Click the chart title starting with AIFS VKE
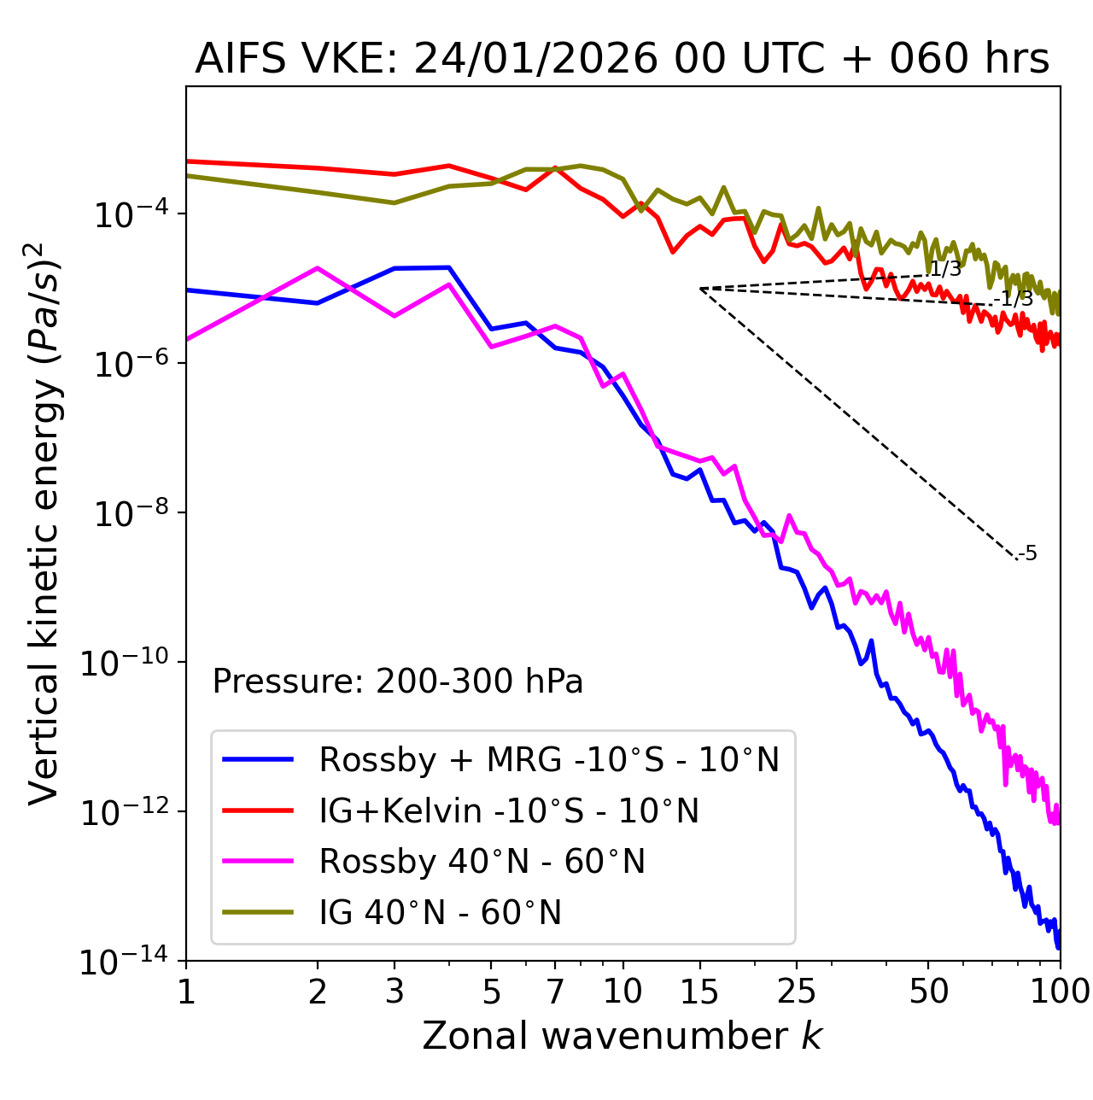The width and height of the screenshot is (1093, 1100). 622,60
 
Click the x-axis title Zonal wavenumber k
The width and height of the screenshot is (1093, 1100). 622,1036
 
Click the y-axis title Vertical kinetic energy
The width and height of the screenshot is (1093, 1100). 44,523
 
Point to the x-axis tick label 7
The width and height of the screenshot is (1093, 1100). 555,992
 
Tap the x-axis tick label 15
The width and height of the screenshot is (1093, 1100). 699,992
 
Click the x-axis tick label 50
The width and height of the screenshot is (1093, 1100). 928,992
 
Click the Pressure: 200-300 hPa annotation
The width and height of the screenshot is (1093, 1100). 398,682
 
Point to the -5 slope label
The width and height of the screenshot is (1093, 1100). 1028,554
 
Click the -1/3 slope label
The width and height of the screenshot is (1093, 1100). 1014,299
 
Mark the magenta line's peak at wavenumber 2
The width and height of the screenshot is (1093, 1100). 318,268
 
